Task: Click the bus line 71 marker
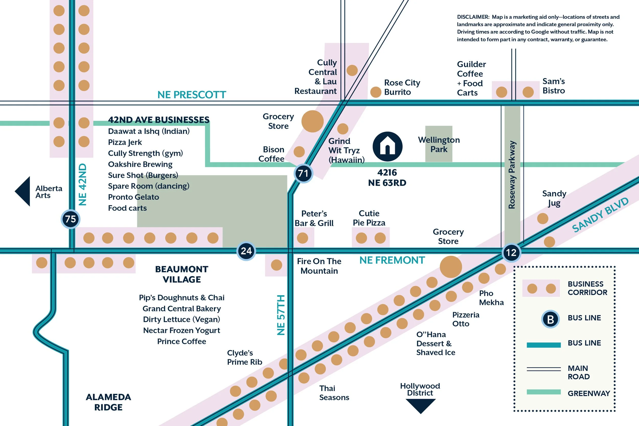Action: [303, 173]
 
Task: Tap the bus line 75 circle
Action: [71, 219]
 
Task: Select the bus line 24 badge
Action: [246, 251]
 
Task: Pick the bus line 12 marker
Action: [511, 253]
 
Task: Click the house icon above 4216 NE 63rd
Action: [387, 146]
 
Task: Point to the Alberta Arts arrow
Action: [23, 191]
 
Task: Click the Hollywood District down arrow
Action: [420, 406]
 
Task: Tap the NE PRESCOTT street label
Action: [192, 95]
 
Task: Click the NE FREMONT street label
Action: [392, 260]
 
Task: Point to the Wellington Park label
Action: [439, 145]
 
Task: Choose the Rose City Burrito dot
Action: [375, 92]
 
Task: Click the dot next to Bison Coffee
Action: [299, 152]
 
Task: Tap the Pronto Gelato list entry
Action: [133, 197]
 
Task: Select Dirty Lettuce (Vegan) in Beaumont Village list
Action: [181, 319]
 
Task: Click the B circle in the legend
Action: [550, 319]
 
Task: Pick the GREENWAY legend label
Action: [589, 393]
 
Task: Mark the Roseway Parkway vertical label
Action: [512, 175]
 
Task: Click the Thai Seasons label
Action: [334, 393]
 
